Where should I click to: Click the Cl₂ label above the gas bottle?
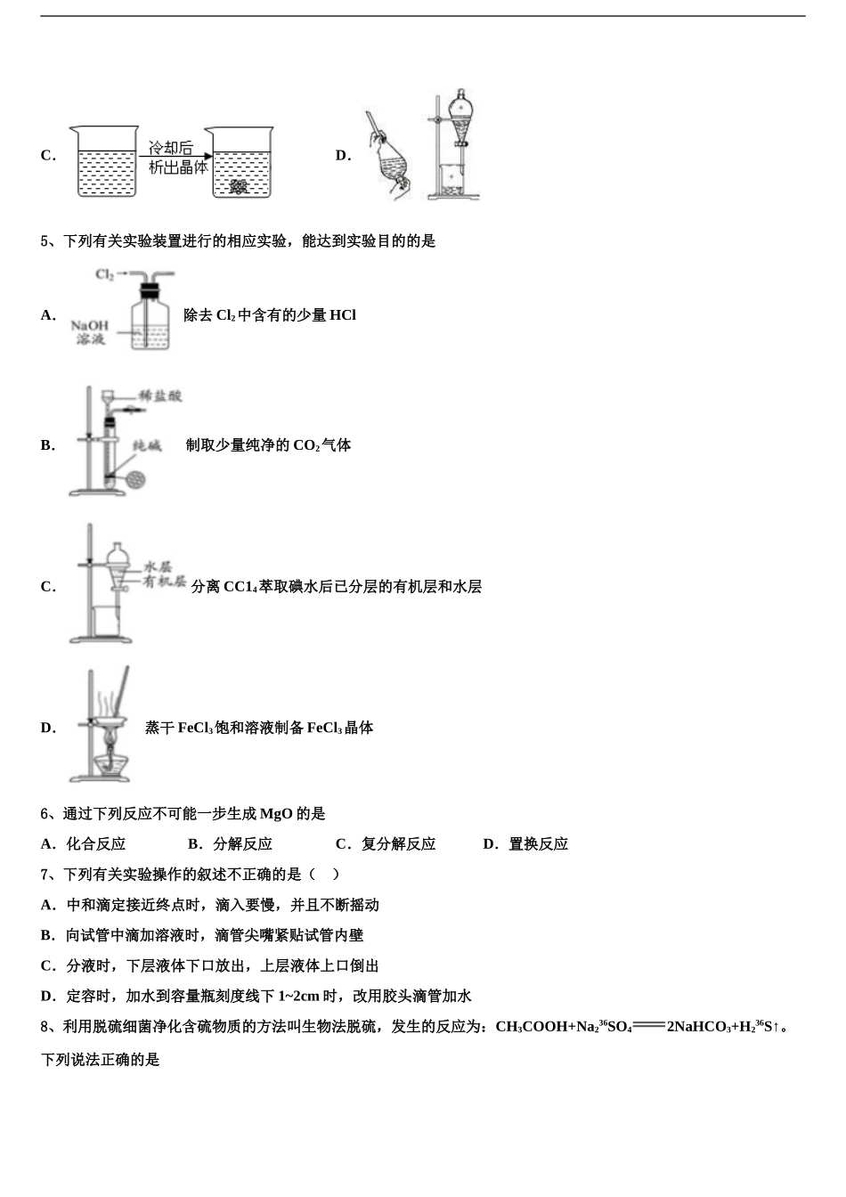104,274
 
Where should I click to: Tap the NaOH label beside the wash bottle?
90,325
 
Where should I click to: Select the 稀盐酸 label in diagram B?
160,396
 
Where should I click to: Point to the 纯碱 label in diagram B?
147,445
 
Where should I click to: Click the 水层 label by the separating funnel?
158,566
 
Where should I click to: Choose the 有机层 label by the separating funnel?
165,582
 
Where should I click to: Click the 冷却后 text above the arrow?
170,148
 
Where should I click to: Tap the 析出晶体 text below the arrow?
178,167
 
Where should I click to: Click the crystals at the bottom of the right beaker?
238,186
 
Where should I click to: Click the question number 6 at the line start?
45,814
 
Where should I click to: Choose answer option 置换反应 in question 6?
538,844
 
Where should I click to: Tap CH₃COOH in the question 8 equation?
531,1027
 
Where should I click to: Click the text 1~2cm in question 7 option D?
298,997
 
